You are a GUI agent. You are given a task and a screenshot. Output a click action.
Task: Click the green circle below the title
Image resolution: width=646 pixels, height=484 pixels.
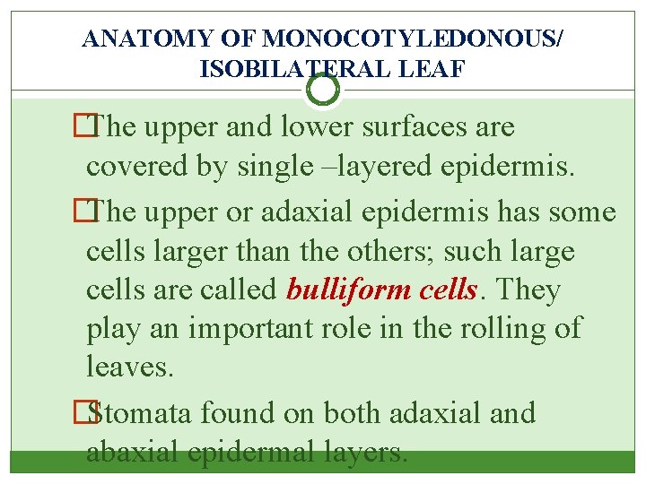323,89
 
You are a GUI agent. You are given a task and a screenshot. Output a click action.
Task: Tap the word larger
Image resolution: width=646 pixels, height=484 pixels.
169,251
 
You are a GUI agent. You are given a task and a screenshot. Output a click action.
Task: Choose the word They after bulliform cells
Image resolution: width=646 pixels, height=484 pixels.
528,290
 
